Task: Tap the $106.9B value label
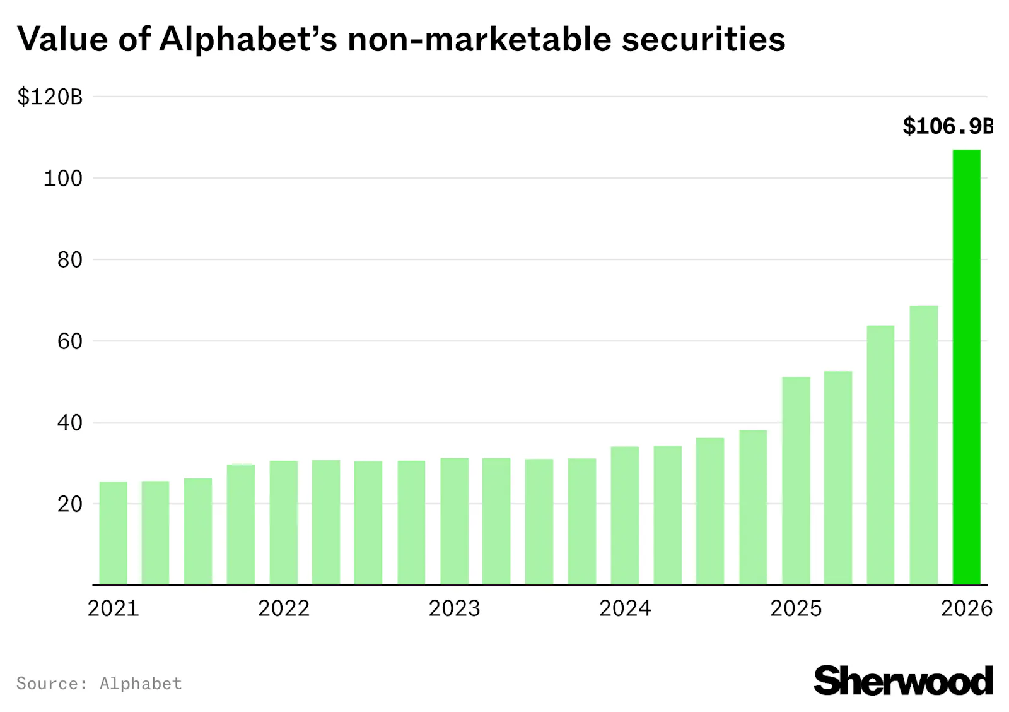(x=947, y=126)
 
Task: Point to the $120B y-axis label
(x=50, y=97)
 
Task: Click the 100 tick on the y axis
(x=62, y=179)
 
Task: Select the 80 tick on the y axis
(x=69, y=260)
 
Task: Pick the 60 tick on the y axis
(x=69, y=341)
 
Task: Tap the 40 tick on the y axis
(x=69, y=423)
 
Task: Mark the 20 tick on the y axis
(x=69, y=504)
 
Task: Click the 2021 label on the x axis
(x=113, y=608)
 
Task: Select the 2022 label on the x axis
(x=284, y=608)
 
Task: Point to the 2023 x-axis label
(x=454, y=608)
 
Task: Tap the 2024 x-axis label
(x=625, y=608)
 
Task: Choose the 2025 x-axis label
(x=796, y=608)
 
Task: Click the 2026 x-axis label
(x=966, y=608)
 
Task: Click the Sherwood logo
(x=902, y=681)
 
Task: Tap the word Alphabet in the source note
(x=141, y=684)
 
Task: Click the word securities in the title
(x=703, y=39)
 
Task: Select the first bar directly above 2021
(x=114, y=533)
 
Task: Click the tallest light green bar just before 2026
(x=923, y=445)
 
